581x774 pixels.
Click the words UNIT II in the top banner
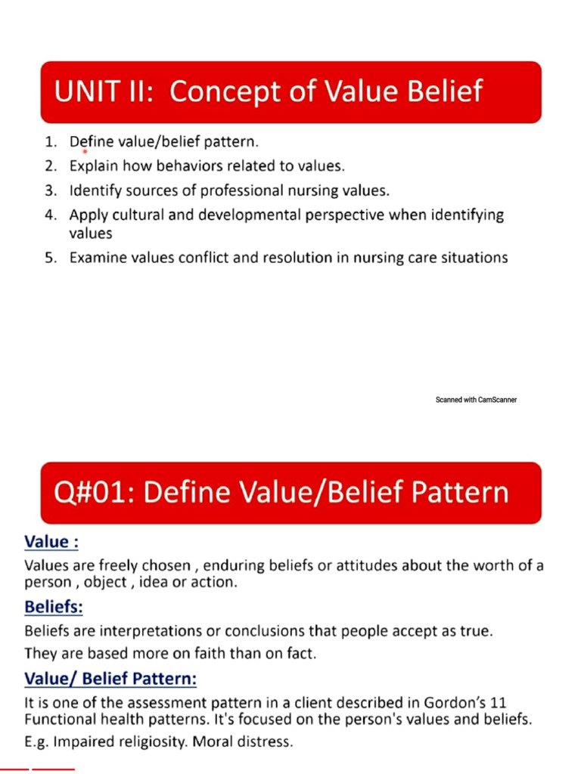point(103,92)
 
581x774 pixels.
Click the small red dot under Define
point(85,152)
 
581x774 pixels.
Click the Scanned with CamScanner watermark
point(476,400)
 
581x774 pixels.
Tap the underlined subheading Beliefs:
point(54,607)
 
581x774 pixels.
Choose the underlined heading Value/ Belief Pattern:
point(110,680)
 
